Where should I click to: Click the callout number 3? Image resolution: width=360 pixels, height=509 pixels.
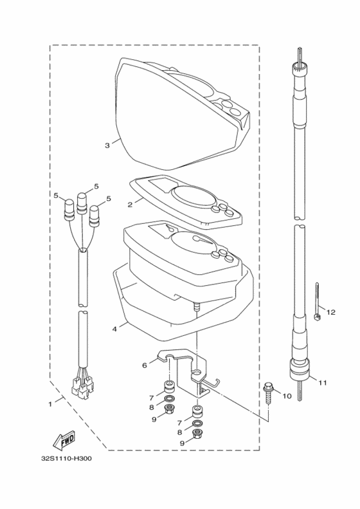[x=107, y=145]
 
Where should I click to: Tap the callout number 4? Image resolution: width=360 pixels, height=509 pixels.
[x=114, y=328]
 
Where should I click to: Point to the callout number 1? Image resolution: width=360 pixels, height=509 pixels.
[x=50, y=404]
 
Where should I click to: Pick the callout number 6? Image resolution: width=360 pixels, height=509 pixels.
[x=145, y=365]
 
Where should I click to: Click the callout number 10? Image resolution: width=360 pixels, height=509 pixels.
[x=287, y=396]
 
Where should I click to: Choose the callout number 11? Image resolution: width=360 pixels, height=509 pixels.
[x=323, y=383]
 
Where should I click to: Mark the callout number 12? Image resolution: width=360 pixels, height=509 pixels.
[x=331, y=312]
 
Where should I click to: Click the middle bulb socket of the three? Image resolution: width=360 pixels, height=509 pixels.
[x=82, y=201]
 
